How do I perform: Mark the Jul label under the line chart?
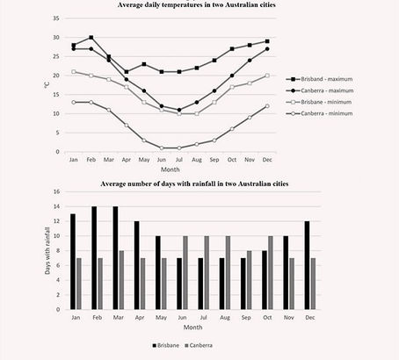178,161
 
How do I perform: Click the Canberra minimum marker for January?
74,102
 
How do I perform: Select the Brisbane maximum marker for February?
91,38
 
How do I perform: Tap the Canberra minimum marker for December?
266,106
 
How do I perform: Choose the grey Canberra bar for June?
185,272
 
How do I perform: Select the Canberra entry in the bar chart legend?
209,346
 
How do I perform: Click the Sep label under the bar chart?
222,318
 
